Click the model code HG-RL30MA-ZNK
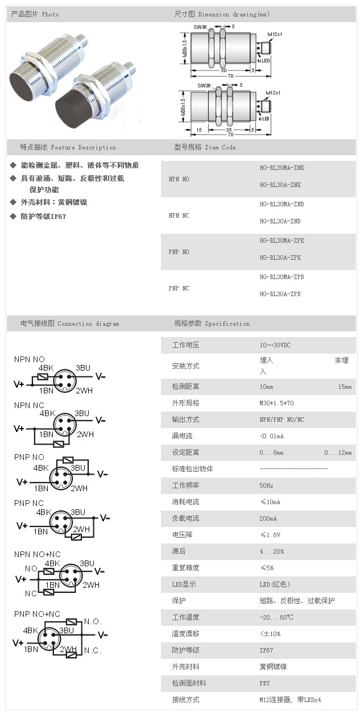(282, 168)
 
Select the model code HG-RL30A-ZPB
(280, 294)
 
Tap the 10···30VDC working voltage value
(275, 345)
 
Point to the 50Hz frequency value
(267, 485)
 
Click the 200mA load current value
(268, 518)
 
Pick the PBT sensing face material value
(264, 683)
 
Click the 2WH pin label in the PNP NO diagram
(78, 488)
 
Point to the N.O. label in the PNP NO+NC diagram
(93, 621)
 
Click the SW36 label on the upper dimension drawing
(200, 27)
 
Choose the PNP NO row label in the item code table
(179, 252)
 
